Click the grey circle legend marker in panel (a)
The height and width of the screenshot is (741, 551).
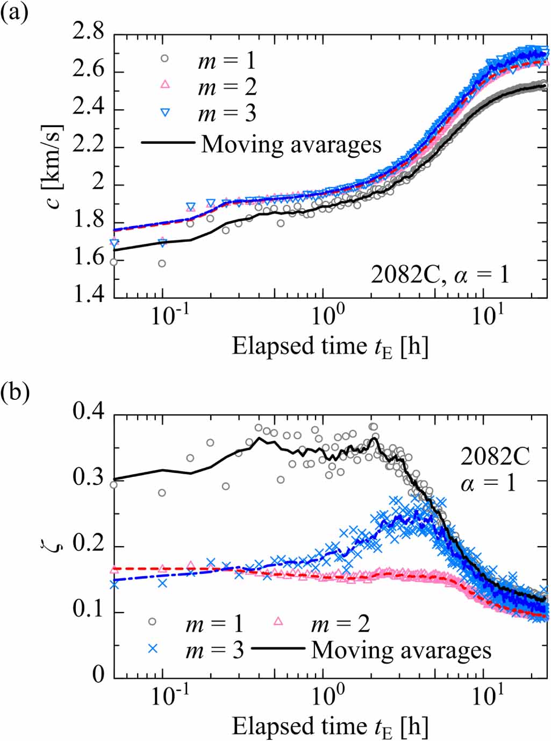pyautogui.click(x=164, y=58)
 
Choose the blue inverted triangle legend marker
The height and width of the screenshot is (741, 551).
pyautogui.click(x=165, y=112)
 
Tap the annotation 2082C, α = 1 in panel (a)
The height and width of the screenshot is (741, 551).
pyautogui.click(x=440, y=275)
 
